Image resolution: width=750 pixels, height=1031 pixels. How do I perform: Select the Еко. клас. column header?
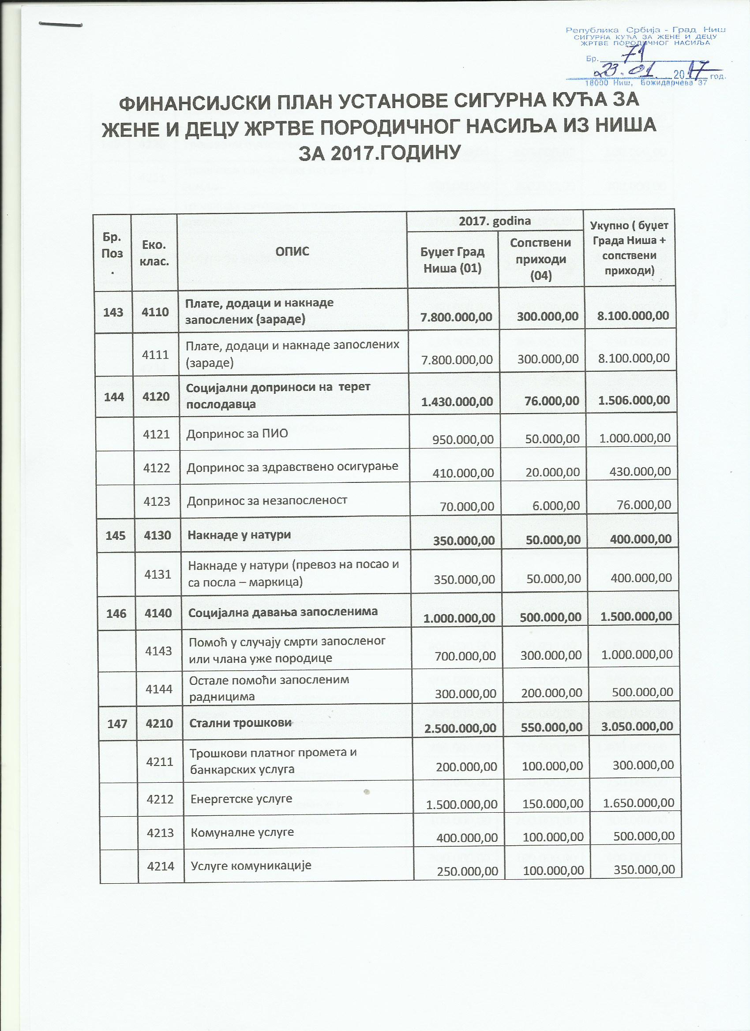click(154, 251)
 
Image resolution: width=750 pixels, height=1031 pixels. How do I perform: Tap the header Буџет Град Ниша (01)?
click(453, 260)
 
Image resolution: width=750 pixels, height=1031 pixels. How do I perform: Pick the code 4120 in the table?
click(157, 396)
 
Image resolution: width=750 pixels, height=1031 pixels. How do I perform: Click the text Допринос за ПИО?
click(237, 433)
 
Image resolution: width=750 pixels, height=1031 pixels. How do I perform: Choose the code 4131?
click(157, 575)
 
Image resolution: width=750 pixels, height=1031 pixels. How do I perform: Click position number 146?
click(114, 613)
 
